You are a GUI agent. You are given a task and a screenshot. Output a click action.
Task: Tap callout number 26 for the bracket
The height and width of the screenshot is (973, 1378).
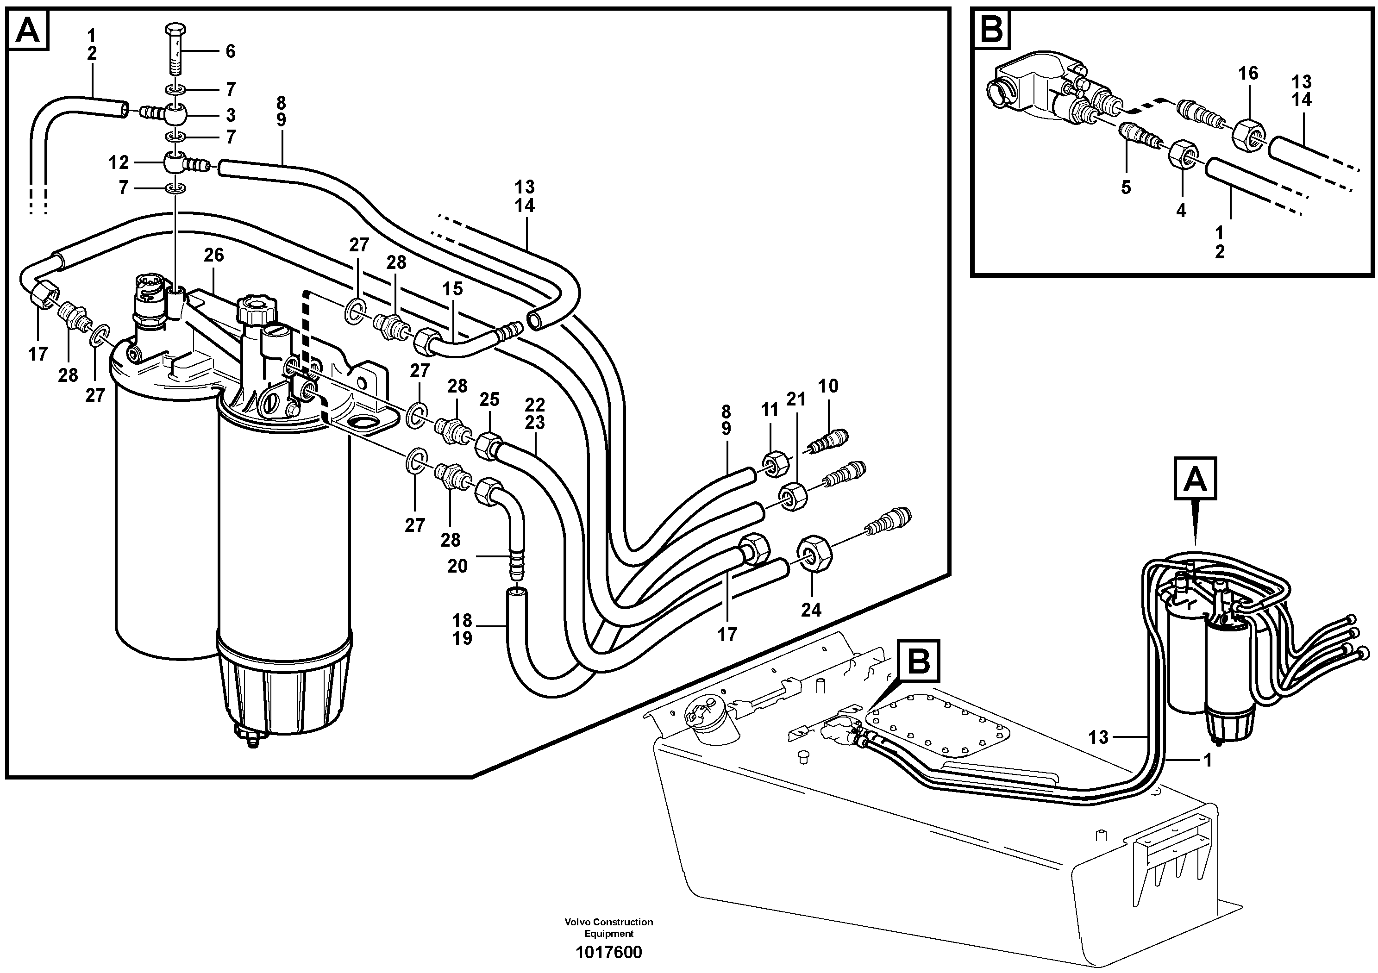tap(213, 256)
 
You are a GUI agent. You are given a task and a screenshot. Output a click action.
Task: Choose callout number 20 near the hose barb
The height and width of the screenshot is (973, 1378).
tap(457, 566)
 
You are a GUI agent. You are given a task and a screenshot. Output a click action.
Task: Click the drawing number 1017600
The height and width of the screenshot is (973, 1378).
tap(608, 953)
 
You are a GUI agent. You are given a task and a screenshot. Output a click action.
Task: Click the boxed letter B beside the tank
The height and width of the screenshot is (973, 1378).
tap(918, 661)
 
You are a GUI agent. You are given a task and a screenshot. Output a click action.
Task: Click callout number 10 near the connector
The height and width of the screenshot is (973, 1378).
tap(828, 386)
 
